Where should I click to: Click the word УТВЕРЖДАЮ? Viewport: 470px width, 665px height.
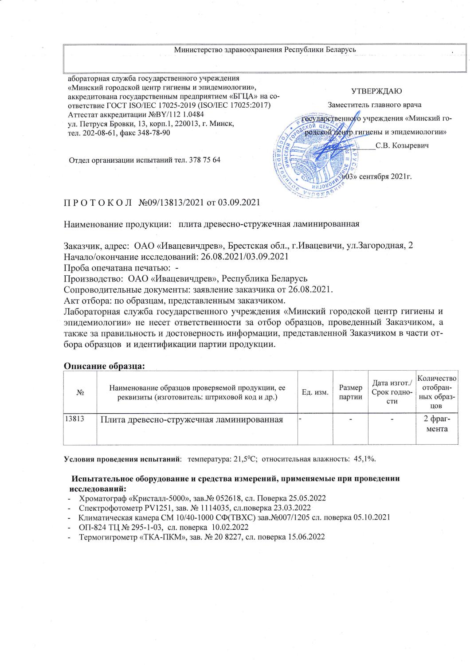click(x=376, y=91)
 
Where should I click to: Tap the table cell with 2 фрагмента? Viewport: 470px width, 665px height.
click(x=436, y=424)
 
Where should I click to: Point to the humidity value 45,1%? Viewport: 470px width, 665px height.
click(x=364, y=458)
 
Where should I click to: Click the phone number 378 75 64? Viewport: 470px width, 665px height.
click(x=205, y=160)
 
